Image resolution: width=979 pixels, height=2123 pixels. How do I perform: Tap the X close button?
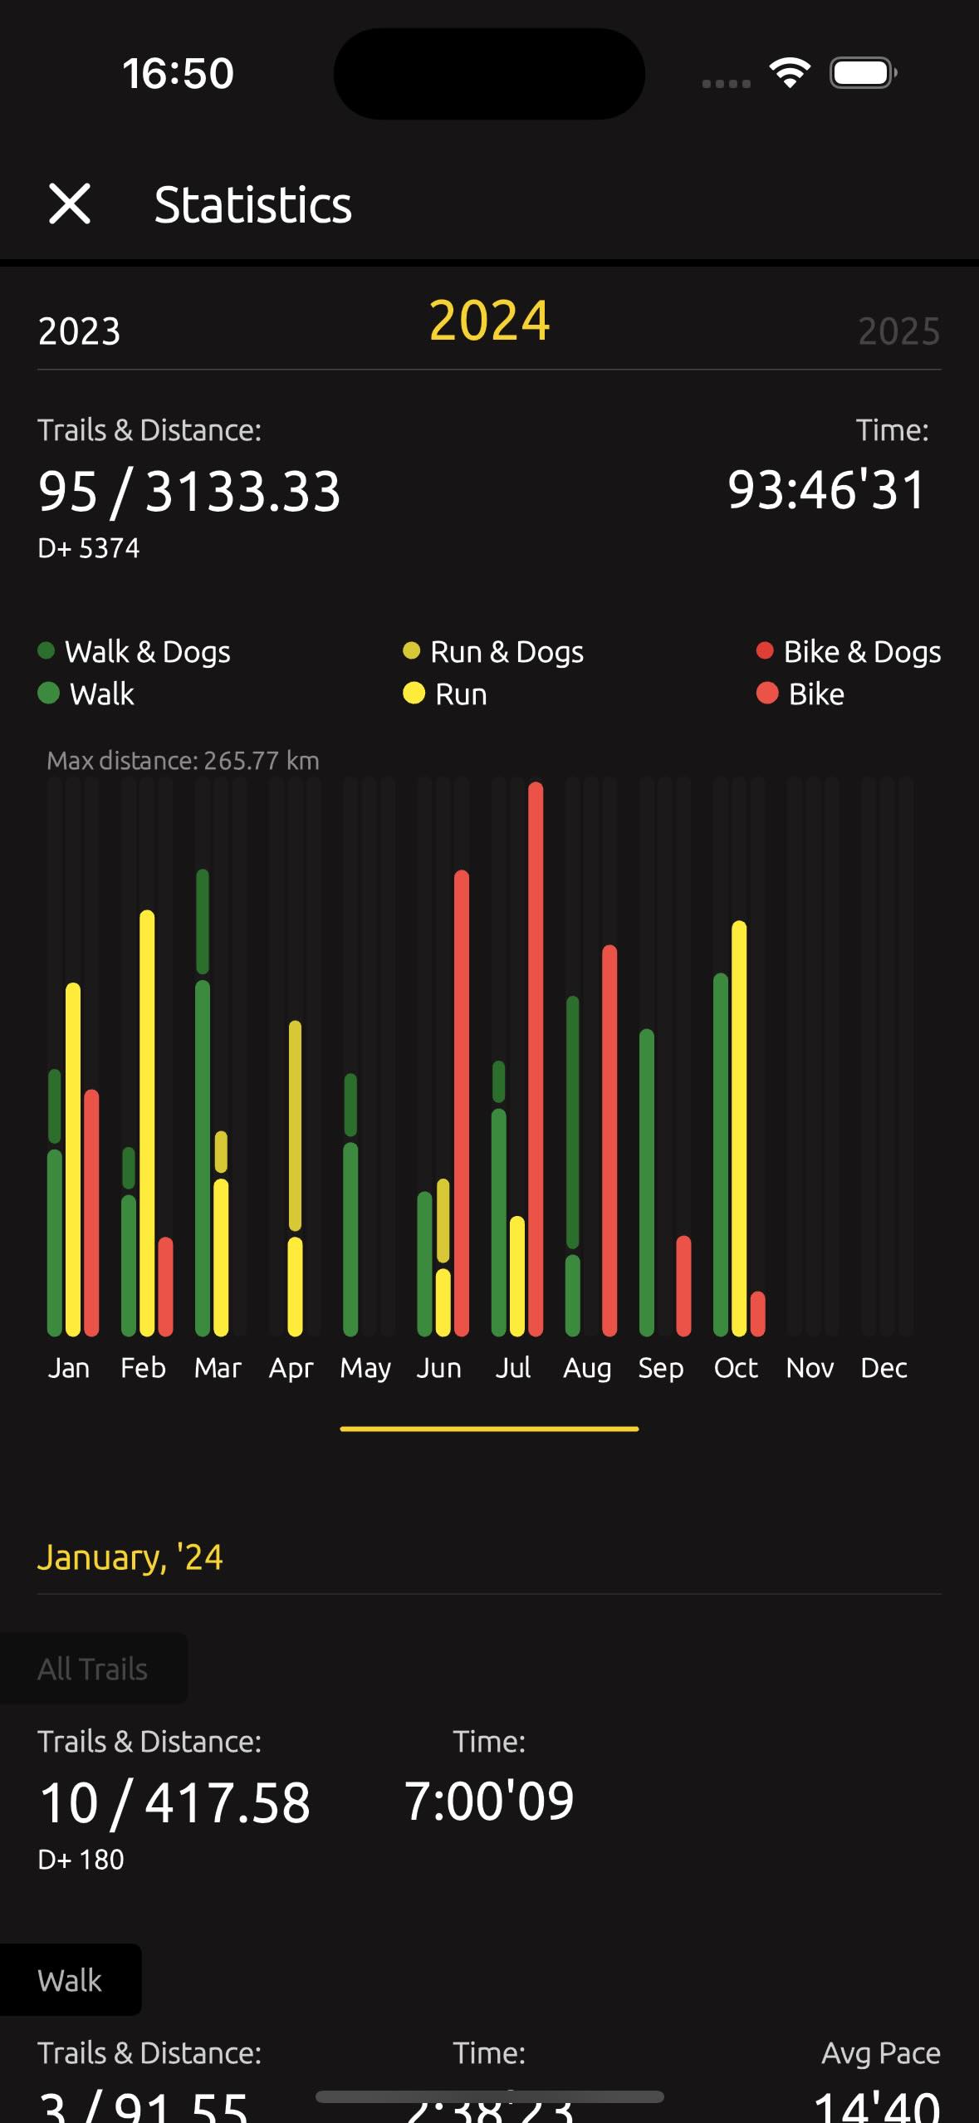[x=70, y=204]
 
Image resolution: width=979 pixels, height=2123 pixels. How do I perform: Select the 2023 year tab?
[x=80, y=331]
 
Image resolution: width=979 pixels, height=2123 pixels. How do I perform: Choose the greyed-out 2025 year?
[x=898, y=331]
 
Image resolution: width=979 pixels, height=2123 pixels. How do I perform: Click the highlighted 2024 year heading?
[x=489, y=321]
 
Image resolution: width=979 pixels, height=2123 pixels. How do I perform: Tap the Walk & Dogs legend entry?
[x=135, y=652]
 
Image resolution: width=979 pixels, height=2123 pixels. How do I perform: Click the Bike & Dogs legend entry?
[x=849, y=652]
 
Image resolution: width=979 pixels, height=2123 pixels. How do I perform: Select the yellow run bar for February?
[x=147, y=1121]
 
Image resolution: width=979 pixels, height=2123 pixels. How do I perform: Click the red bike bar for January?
[x=91, y=1213]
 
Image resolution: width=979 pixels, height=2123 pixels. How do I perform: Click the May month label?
[x=365, y=1368]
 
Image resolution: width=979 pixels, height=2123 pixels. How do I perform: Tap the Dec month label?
[x=884, y=1368]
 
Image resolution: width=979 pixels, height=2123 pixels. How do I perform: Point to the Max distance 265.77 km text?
[x=183, y=761]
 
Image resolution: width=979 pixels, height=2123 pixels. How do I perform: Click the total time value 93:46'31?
[x=826, y=490]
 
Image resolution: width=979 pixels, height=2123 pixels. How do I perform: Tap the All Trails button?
[x=93, y=1669]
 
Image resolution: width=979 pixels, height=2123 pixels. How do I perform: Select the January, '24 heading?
[x=130, y=1557]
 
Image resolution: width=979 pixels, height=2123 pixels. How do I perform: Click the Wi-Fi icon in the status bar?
[x=790, y=73]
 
